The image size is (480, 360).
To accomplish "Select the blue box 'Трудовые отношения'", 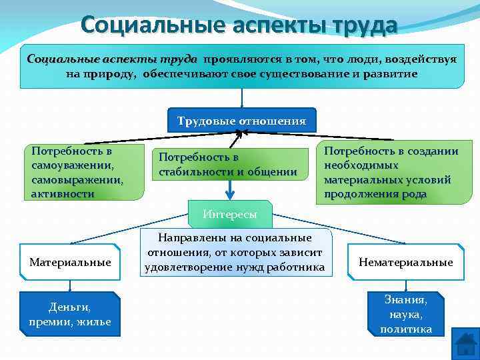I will pos(241,121).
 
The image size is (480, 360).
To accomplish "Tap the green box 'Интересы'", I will pos(230,215).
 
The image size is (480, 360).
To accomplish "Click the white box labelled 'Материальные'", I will pos(70,263).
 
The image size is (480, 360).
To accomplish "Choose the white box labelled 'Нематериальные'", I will pos(405,263).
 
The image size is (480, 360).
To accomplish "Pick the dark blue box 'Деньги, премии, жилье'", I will pos(70,314).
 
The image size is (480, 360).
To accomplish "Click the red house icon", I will pos(465,345).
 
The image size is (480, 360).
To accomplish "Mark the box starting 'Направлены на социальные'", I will pos(235,253).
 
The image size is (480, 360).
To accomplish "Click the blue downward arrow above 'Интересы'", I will pos(230,190).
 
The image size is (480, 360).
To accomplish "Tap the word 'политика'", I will pos(405,329).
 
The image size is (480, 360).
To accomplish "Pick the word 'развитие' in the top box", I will pos(389,74).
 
